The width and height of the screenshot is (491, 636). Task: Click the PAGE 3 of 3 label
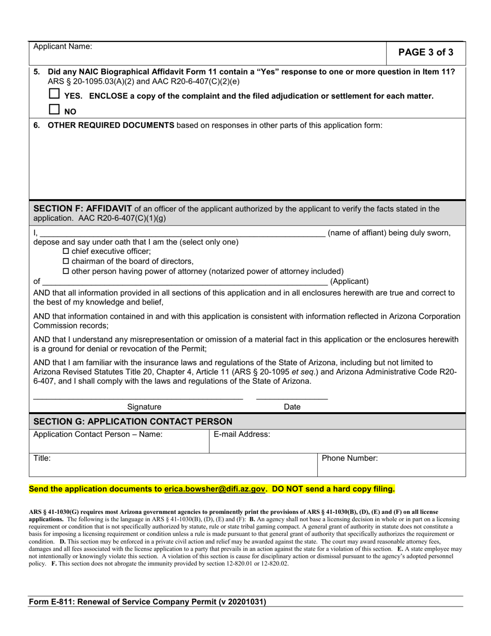click(x=426, y=52)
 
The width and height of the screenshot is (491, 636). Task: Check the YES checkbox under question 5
click(x=54, y=95)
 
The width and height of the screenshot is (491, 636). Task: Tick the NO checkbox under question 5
click(x=54, y=109)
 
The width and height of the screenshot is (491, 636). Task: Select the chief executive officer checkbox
click(x=66, y=251)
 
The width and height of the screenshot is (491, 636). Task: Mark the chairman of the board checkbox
click(x=66, y=261)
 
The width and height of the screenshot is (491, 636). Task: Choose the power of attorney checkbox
click(x=66, y=271)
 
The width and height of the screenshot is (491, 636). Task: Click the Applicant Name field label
click(x=63, y=47)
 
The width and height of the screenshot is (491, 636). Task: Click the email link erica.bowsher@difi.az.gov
click(x=214, y=489)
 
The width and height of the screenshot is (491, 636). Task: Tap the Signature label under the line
click(x=144, y=407)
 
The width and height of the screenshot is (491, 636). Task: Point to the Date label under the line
click(x=292, y=407)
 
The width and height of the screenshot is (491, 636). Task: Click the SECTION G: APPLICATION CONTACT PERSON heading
click(x=133, y=421)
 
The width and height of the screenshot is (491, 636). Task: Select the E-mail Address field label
click(x=242, y=434)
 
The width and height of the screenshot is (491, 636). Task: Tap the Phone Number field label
click(x=350, y=458)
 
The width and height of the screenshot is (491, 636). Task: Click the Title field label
click(x=42, y=458)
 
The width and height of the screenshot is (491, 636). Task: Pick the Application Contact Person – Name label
click(x=98, y=434)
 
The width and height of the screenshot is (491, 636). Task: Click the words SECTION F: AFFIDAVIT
click(x=83, y=208)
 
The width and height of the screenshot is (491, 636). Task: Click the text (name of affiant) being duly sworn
click(x=389, y=233)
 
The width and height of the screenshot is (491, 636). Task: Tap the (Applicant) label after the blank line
click(x=349, y=281)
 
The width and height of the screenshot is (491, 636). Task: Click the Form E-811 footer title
click(x=148, y=602)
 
